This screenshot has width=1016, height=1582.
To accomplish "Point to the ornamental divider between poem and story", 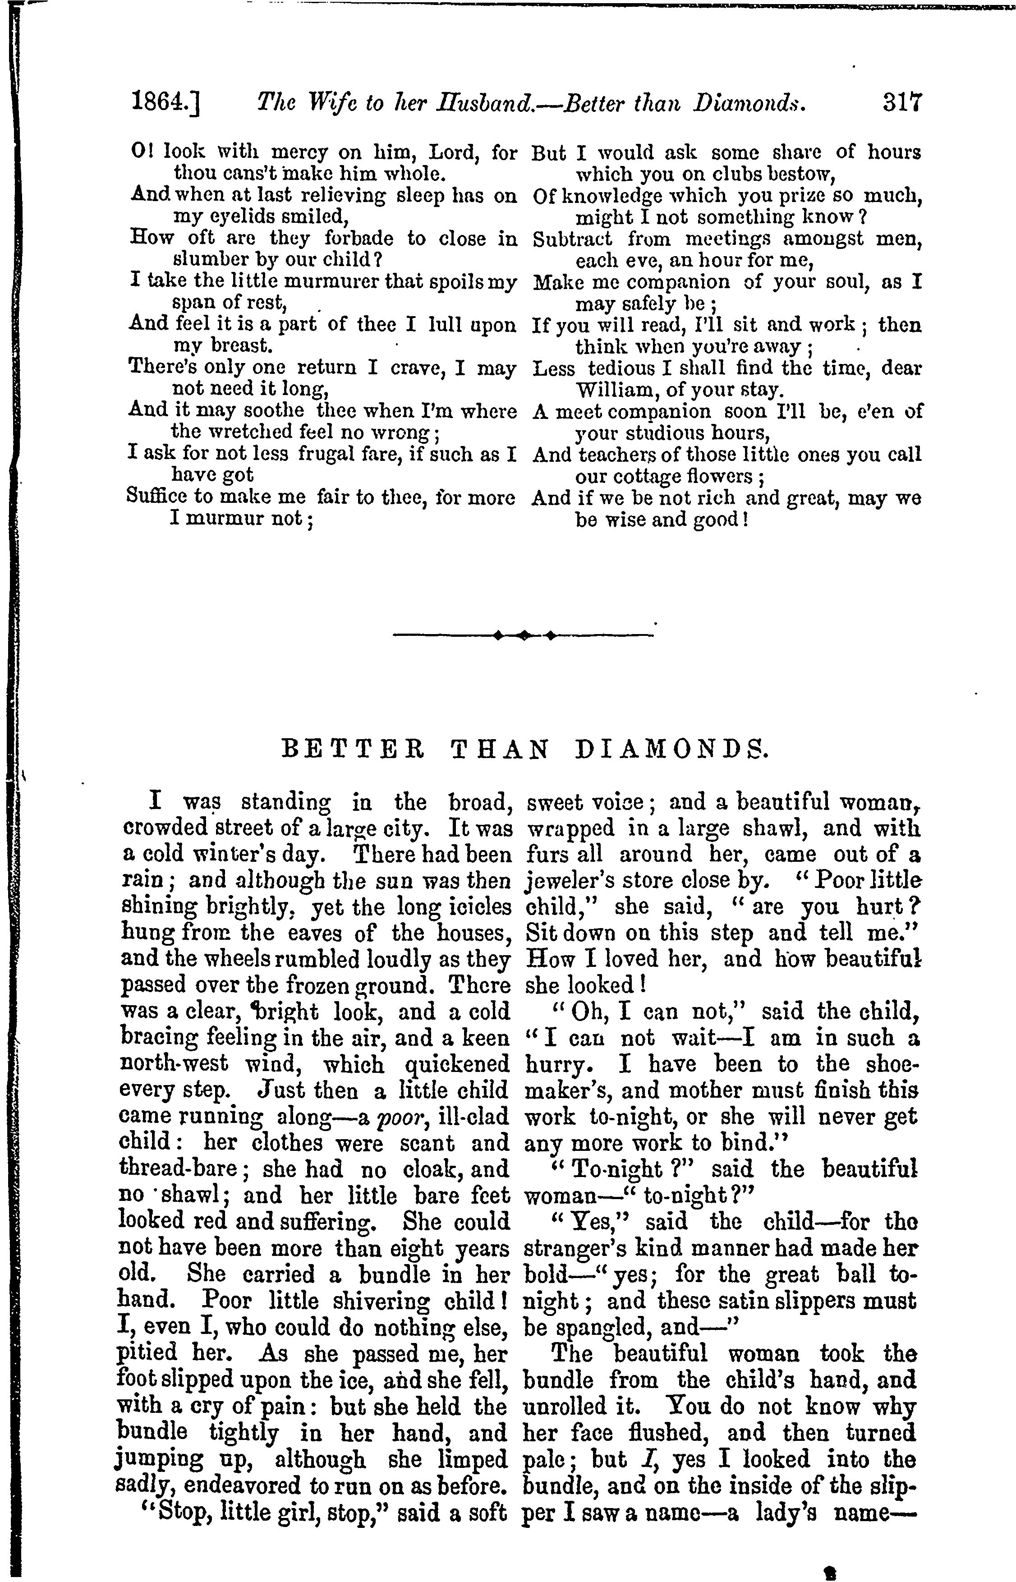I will tap(523, 635).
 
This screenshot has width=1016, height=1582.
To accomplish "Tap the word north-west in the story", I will tap(174, 1064).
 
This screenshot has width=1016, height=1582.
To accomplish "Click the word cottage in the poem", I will tap(639, 476).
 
